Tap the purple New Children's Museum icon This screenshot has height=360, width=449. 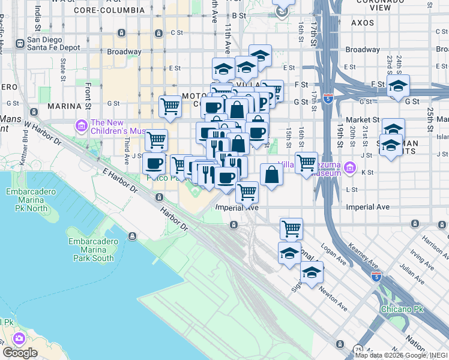point(80,126)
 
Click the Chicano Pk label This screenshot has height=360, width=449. point(402,309)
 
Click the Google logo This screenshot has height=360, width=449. point(20,352)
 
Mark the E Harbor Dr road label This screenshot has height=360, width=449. point(119,180)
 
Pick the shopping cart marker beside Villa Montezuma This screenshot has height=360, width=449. point(306,161)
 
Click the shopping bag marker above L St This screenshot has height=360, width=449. point(272,175)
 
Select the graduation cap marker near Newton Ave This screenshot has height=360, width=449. point(312,272)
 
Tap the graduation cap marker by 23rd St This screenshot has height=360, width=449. point(398,86)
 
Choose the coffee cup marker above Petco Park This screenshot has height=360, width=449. point(154,163)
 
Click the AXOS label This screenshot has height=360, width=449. point(363,22)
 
